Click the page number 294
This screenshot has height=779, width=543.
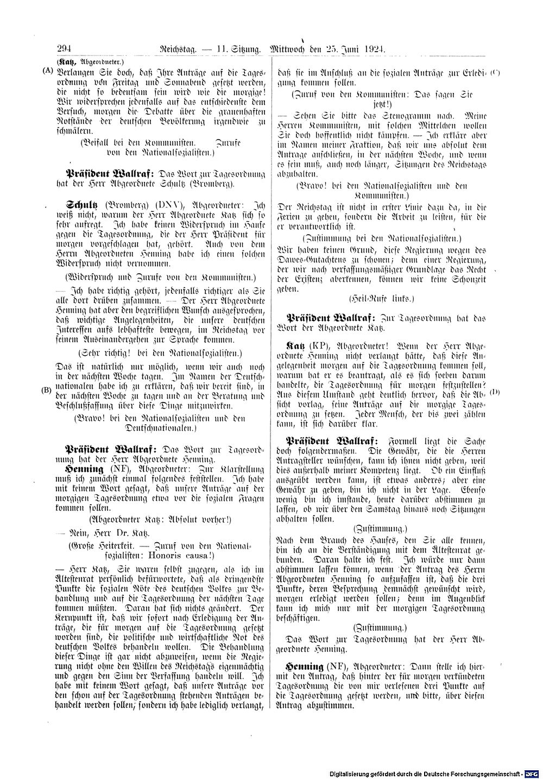[x=58, y=48]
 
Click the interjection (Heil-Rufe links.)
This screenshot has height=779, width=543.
[x=383, y=298]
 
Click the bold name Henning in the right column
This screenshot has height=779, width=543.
[x=305, y=666]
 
